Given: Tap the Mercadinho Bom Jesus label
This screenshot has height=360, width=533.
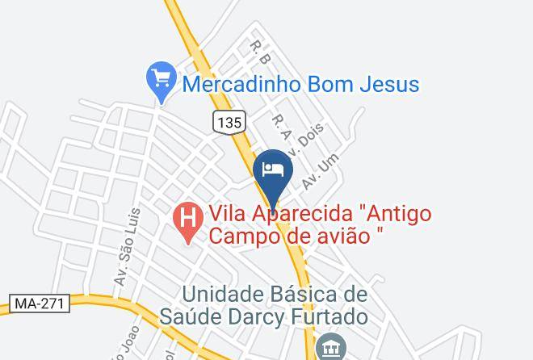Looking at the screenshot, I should tap(300, 83).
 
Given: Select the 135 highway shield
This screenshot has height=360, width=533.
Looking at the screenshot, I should tap(229, 123).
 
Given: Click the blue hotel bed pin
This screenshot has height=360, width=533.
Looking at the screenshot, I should tap(273, 170).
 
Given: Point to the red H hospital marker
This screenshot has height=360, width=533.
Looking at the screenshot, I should tap(188, 218).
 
